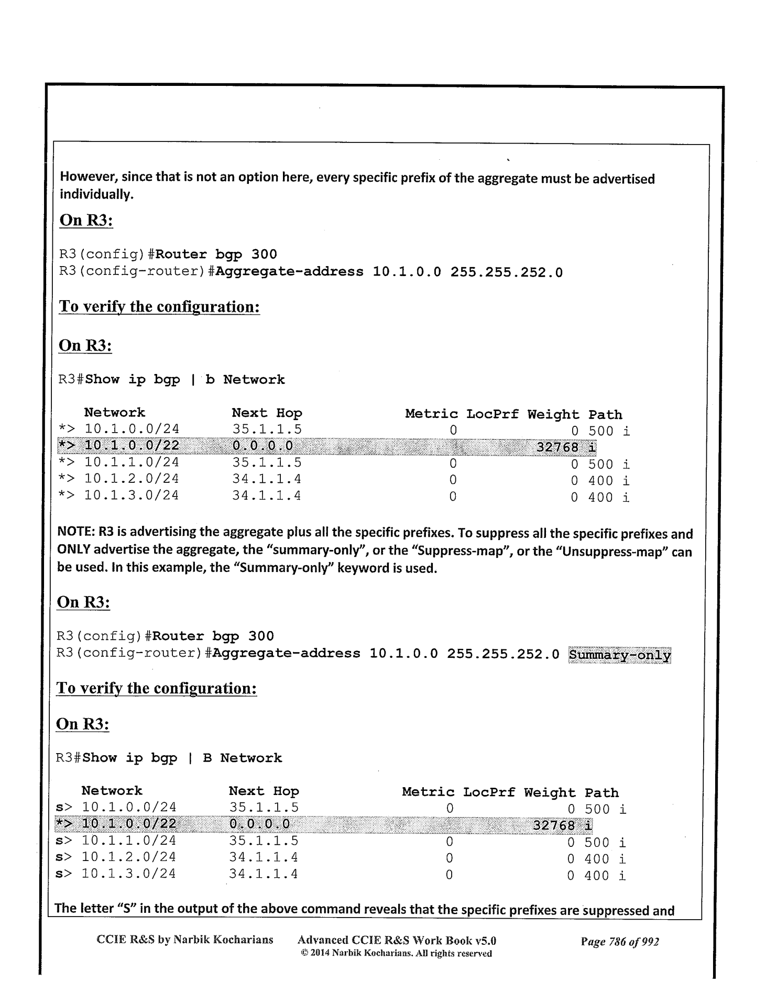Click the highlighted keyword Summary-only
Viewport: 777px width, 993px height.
point(619,655)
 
